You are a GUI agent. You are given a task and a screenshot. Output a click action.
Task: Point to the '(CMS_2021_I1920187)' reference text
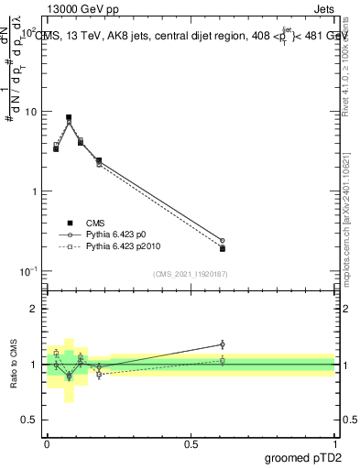[x=190, y=274]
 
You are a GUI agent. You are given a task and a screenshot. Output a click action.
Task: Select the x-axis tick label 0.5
[x=191, y=442]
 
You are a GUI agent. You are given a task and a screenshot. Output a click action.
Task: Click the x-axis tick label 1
[x=334, y=442]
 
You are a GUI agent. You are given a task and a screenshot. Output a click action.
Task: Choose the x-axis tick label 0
[x=47, y=442]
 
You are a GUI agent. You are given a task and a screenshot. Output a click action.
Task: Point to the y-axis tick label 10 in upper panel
[x=29, y=112]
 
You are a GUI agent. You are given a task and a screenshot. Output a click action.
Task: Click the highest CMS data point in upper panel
[x=69, y=117]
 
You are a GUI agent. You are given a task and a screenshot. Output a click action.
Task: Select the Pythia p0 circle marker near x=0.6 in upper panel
[x=223, y=241]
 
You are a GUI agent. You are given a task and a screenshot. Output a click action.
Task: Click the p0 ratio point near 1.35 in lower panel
[x=223, y=344]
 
